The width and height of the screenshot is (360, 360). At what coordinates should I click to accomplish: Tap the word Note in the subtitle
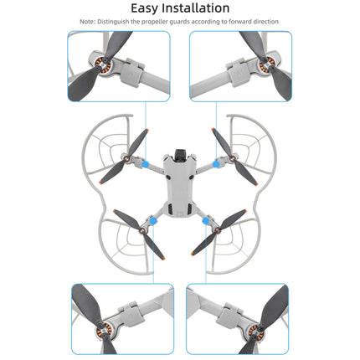90,22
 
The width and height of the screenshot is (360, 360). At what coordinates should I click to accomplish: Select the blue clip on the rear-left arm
154,221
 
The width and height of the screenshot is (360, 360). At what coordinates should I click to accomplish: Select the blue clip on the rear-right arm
207,221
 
